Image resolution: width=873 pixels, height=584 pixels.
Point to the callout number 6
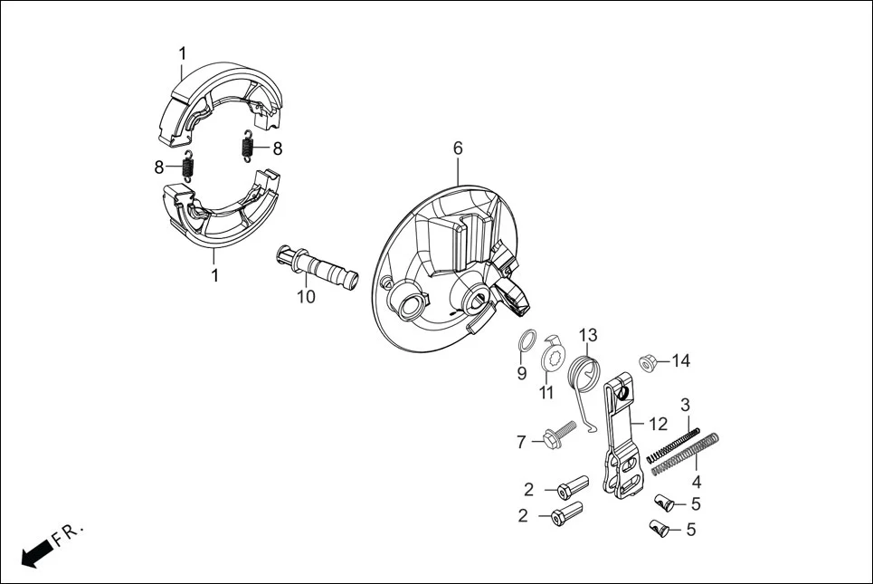(458, 148)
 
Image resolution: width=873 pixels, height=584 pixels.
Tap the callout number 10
(306, 296)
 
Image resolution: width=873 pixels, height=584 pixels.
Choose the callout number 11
(546, 393)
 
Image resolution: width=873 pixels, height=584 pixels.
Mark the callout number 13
(589, 336)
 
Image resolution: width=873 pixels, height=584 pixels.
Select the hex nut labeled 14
(649, 362)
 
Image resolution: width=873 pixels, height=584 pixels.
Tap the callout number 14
(680, 361)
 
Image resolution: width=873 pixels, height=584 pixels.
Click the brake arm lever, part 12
(622, 435)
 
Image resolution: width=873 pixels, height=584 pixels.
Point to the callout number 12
(658, 423)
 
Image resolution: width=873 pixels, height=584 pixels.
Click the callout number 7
(521, 443)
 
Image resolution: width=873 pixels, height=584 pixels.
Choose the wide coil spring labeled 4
(686, 454)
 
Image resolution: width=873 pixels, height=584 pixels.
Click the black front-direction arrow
(34, 552)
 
